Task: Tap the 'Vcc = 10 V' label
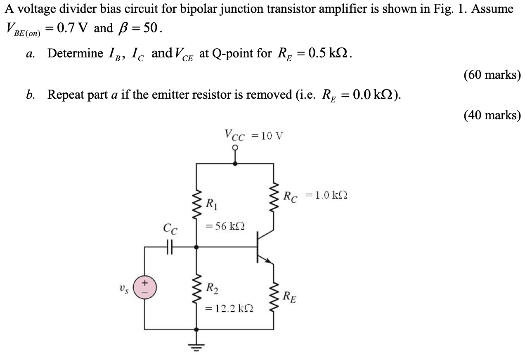click(254, 135)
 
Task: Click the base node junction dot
click(196, 247)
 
